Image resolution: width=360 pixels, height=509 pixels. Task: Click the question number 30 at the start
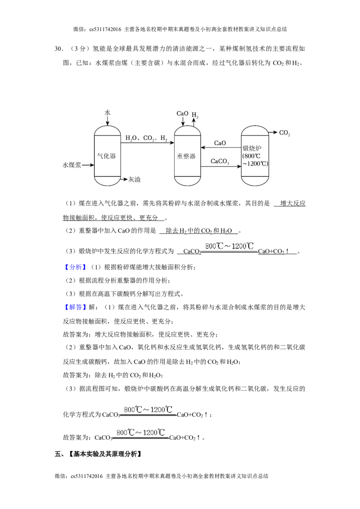[58, 49]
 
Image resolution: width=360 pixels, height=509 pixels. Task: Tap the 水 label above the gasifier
[108, 112]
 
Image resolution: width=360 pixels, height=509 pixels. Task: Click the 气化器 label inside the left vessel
[107, 156]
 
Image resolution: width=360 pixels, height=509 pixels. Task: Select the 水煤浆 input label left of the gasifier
[72, 165]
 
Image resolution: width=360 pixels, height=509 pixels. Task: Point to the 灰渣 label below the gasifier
[134, 179]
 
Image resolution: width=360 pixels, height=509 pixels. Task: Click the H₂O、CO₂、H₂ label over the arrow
[146, 138]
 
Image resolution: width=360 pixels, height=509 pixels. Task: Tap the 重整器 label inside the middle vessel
[186, 156]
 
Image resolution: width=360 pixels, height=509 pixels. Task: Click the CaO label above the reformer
[182, 113]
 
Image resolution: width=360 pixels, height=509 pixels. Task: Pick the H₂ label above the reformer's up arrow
[195, 115]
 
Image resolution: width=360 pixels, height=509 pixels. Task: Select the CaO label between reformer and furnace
[220, 143]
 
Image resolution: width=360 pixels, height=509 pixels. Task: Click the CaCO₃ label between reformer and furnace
[220, 161]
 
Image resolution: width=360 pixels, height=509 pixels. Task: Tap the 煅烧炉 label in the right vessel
[252, 149]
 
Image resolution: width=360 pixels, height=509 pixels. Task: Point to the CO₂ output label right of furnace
[284, 133]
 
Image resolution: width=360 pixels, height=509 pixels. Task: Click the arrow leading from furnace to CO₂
[273, 133]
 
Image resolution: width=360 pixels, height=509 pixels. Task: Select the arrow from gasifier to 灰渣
[123, 179]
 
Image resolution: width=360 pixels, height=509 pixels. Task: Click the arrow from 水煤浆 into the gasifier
[88, 165]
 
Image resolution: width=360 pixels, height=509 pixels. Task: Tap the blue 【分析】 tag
[76, 267]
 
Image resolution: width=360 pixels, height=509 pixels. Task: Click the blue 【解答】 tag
[76, 307]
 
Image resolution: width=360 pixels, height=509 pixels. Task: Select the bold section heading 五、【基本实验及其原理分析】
[98, 454]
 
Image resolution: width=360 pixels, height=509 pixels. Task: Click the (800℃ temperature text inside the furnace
[252, 156]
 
